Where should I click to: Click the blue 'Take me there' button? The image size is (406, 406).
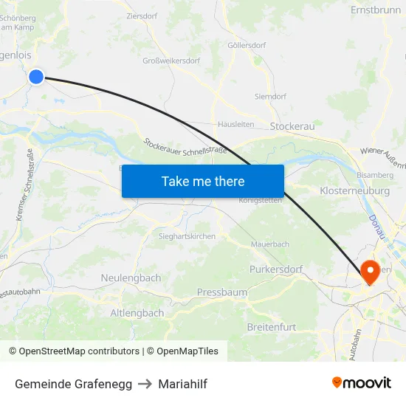203,181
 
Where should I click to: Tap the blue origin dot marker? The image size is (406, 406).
36,76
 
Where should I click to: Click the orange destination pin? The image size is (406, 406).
369,270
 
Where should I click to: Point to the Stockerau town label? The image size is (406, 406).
293,126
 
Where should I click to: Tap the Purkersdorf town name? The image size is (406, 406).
276,269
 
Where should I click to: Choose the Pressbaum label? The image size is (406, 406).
221,292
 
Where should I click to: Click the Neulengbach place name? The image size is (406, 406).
131,278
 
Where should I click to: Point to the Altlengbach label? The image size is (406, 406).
137,313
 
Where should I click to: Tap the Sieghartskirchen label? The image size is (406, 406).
187,236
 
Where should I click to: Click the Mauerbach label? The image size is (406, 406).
269,244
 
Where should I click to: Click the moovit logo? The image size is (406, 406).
362,382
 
